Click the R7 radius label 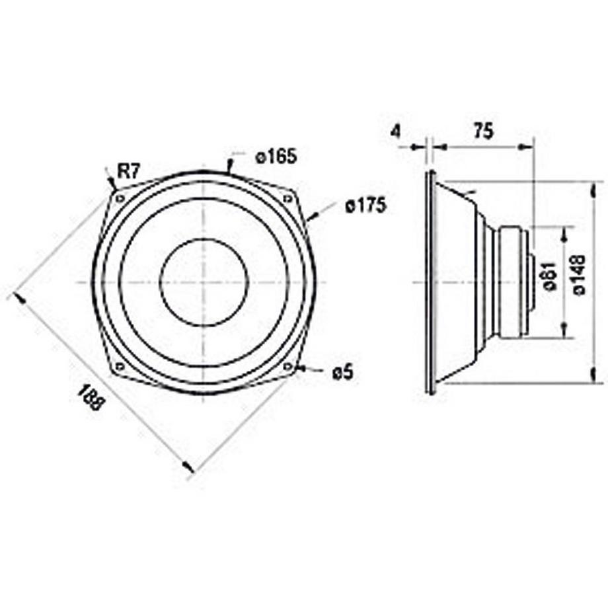point(128,172)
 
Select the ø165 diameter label point(276,157)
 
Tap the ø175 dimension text point(365,207)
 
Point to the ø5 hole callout point(342,373)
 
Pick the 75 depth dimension point(483,131)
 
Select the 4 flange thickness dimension point(395,132)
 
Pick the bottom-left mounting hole point(120,365)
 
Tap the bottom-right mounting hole point(287,365)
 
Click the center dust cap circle point(204,282)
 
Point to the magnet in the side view point(512,282)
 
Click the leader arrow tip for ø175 point(309,217)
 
